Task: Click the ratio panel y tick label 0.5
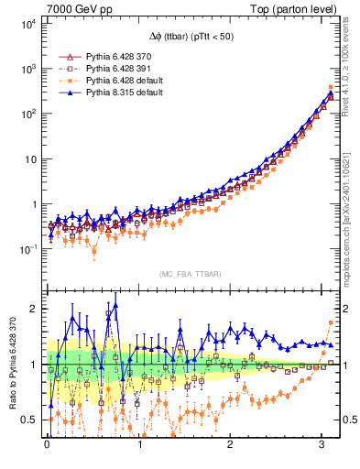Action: (x=29, y=420)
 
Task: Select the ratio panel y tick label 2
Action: (x=35, y=309)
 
